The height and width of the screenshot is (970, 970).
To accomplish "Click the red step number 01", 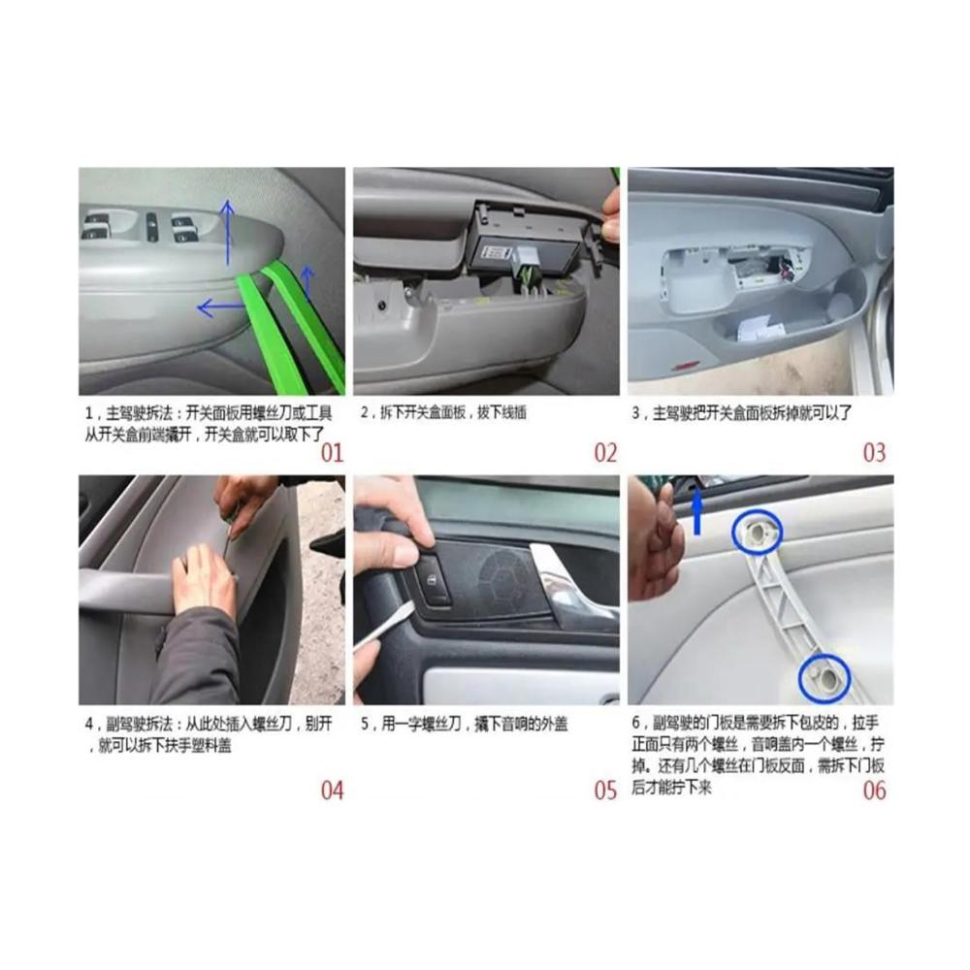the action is coord(332,453).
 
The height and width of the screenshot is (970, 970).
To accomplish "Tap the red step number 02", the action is coord(605,453).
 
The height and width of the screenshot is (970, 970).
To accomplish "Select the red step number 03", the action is coord(874,453).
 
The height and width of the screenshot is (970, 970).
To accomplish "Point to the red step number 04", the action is coord(332,790).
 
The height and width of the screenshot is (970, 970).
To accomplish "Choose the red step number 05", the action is coord(605,790).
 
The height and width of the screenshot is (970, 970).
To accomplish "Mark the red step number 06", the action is coord(874,790).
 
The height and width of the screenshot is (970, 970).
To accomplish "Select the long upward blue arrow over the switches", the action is coord(228,233).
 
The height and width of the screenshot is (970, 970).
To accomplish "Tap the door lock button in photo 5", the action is coord(435,580).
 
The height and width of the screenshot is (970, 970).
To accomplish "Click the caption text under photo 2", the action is coord(443,412).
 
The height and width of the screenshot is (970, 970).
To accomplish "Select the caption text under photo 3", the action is coord(741,412).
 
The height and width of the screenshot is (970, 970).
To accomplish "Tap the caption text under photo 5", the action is coord(464,724).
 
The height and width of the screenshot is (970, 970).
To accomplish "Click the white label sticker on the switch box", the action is coord(496,253).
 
